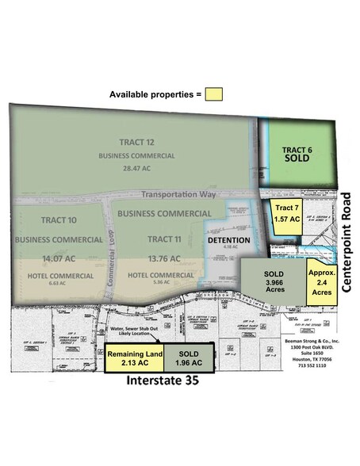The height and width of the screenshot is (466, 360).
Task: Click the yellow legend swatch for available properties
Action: [x=213, y=94]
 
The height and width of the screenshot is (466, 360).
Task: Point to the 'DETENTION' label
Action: [x=228, y=240]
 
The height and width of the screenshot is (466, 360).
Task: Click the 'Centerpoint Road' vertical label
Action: [x=349, y=237]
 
